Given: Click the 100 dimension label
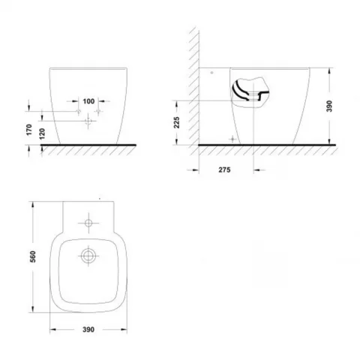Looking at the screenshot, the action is point(88,101).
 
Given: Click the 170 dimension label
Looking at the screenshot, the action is point(29,130).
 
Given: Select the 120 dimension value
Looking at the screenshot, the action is point(42,133).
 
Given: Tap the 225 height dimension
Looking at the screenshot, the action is point(177,122).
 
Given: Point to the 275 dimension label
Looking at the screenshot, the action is point(224,169).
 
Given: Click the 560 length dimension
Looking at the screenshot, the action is point(33,256).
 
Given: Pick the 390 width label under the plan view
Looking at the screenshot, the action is point(88,329).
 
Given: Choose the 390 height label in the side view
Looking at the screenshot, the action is point(329,106).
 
